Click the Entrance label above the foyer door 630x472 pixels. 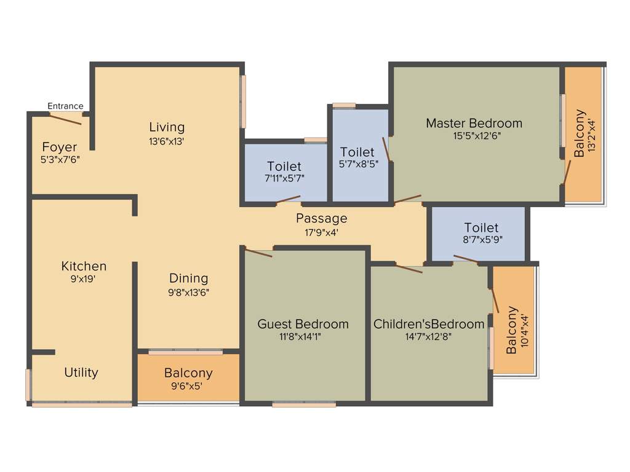click(x=65, y=106)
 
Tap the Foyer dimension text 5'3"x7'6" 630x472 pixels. click(x=60, y=159)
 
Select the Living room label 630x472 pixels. click(x=167, y=127)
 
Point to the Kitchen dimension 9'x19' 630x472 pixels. click(x=84, y=278)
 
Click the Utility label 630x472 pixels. click(x=81, y=372)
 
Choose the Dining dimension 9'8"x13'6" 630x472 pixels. click(x=189, y=293)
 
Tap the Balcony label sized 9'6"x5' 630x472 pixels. click(x=188, y=373)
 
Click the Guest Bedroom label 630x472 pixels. click(x=303, y=324)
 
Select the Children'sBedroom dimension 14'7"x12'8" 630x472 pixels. click(x=429, y=336)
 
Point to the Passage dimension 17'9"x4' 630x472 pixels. click(x=321, y=232)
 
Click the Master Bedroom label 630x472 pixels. click(x=474, y=123)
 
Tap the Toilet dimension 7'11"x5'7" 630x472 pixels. click(x=284, y=178)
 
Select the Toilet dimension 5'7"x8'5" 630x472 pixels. click(x=357, y=164)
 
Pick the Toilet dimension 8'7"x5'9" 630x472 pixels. click(x=481, y=240)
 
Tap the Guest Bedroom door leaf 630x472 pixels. click(x=258, y=252)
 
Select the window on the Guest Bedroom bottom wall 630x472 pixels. click(x=304, y=404)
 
